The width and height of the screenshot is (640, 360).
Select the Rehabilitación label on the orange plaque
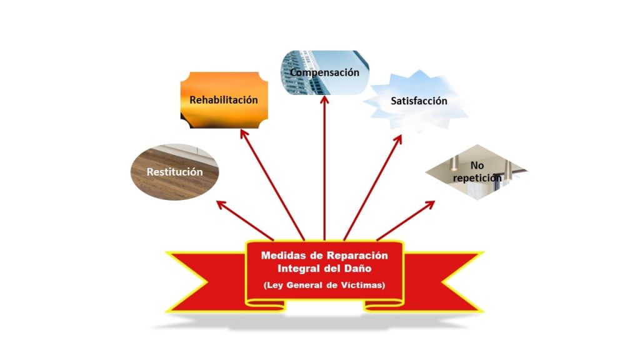224,99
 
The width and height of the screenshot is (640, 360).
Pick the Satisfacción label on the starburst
419,101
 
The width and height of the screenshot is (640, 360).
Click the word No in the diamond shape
477,166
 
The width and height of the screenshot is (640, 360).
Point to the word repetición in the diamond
477,177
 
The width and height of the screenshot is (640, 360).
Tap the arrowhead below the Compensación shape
324,101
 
